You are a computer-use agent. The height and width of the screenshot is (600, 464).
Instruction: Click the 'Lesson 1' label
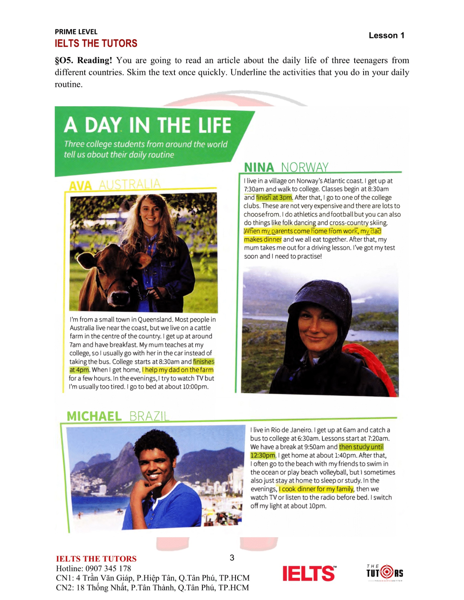[x=386, y=35]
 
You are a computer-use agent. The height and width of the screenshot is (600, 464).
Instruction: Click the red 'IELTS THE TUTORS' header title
[x=96, y=44]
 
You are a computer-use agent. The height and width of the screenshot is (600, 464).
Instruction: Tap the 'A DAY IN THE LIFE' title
[x=147, y=126]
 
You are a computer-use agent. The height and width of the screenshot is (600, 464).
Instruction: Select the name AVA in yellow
[x=80, y=186]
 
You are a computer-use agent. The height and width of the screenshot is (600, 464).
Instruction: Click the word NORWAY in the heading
[x=305, y=167]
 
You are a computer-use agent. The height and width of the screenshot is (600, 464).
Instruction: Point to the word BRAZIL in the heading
[x=149, y=416]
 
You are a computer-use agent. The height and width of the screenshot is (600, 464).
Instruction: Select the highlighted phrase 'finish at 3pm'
[x=274, y=197]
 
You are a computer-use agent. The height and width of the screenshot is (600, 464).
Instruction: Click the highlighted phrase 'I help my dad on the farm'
[x=178, y=370]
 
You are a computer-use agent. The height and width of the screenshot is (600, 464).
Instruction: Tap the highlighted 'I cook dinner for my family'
[x=316, y=489]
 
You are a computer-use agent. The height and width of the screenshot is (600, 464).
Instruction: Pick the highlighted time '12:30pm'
[x=263, y=455]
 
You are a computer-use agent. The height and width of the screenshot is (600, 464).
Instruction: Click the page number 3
[x=232, y=558]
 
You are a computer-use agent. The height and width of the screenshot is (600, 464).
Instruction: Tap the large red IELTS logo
[x=309, y=573]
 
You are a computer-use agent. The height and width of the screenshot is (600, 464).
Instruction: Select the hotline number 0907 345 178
[x=108, y=568]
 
